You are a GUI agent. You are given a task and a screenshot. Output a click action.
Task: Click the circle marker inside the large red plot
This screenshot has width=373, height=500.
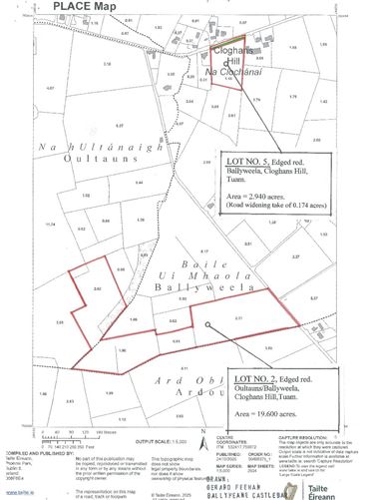click(206, 324)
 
